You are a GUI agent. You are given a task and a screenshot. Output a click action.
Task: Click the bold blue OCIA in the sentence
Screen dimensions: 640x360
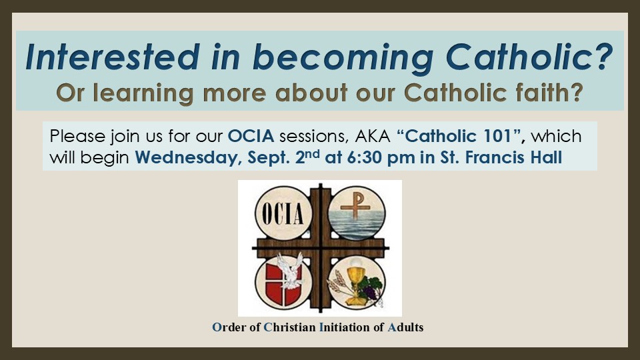tap(251, 136)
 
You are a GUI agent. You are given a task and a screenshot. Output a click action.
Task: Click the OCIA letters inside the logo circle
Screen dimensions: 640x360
tap(283, 213)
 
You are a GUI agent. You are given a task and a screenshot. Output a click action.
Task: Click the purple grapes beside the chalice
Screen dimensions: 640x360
tap(371, 291)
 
